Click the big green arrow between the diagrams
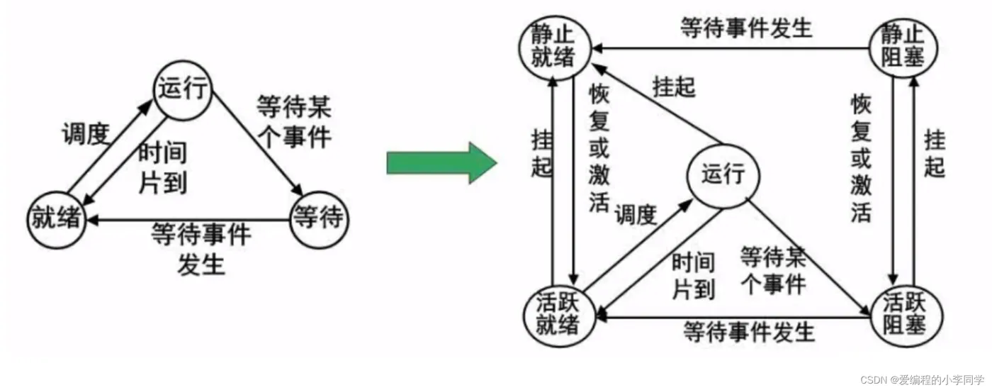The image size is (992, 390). tap(439, 162)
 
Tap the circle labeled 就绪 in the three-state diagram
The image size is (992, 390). tap(57, 218)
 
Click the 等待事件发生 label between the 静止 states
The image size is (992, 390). tap(745, 28)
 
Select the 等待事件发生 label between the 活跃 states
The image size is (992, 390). tap(749, 331)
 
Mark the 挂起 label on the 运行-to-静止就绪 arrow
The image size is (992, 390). tap(674, 87)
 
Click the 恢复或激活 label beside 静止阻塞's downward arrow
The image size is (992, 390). tap(861, 157)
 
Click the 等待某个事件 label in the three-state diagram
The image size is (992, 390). tap(293, 122)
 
